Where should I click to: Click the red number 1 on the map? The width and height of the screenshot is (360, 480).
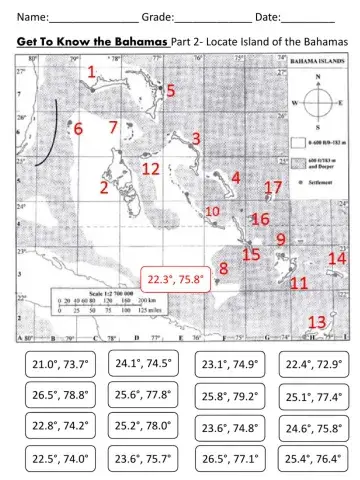pyautogui.click(x=91, y=72)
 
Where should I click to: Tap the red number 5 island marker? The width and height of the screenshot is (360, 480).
pyautogui.click(x=171, y=90)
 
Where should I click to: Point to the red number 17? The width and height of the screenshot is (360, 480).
pyautogui.click(x=273, y=188)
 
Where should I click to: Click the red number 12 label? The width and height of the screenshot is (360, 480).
pyautogui.click(x=150, y=169)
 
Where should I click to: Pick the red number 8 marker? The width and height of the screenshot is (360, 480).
pyautogui.click(x=223, y=268)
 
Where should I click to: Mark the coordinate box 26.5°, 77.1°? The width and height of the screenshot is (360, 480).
pyautogui.click(x=229, y=460)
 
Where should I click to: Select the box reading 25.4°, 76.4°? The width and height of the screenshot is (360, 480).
pyautogui.click(x=314, y=460)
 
